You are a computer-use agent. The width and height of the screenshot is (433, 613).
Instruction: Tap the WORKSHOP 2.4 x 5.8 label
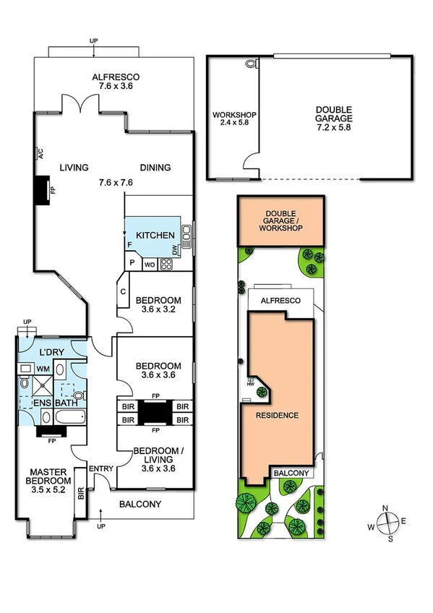pyautogui.click(x=233, y=119)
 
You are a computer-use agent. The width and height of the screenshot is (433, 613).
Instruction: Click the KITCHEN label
pyautogui.click(x=155, y=235)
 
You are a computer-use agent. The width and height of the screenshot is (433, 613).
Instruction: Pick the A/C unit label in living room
pyautogui.click(x=41, y=153)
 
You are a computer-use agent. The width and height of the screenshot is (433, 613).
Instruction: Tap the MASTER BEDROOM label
pyautogui.click(x=48, y=485)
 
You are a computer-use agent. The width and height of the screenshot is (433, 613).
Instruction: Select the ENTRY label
pyautogui.click(x=100, y=469)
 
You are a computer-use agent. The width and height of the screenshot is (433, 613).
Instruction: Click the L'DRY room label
pyautogui.click(x=51, y=351)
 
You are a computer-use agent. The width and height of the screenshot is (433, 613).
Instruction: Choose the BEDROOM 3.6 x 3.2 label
pyautogui.click(x=157, y=304)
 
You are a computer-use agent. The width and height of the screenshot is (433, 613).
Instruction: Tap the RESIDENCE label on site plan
pyautogui.click(x=277, y=416)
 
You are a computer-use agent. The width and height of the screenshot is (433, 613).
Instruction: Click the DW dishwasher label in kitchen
pyautogui.click(x=176, y=250)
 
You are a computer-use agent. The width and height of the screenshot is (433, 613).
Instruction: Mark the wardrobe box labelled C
pyautogui.click(x=124, y=293)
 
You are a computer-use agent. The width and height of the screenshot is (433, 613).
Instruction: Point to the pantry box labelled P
pyautogui.click(x=133, y=264)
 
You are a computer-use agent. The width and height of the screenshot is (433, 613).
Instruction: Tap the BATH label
pyautogui.click(x=61, y=403)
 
